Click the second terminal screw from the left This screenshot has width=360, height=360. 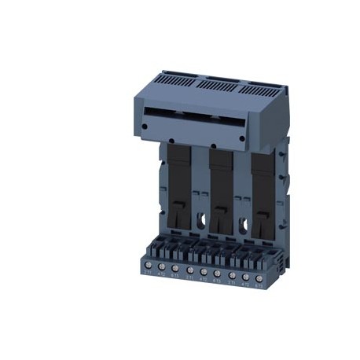(161, 266)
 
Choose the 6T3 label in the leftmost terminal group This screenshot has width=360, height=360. (175, 274)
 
